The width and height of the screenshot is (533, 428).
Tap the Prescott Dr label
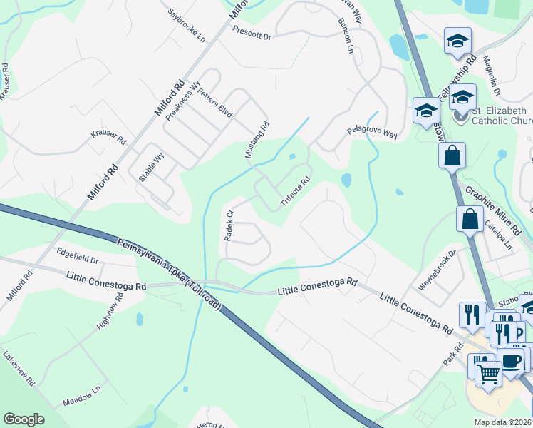click(252, 33)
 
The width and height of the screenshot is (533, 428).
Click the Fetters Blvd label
click(215, 103)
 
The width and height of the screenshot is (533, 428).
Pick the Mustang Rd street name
click(257, 140)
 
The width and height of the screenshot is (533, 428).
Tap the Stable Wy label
click(152, 169)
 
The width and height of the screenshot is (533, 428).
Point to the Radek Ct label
click(229, 225)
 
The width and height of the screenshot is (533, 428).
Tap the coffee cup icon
click(510, 360)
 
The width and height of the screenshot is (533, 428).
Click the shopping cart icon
click(488, 372)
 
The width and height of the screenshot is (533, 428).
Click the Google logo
click(24, 419)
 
